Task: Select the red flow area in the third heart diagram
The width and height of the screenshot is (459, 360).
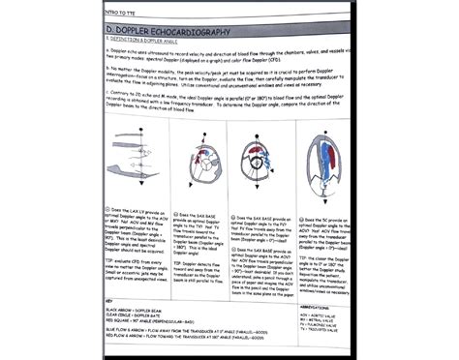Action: pos(266,168)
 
